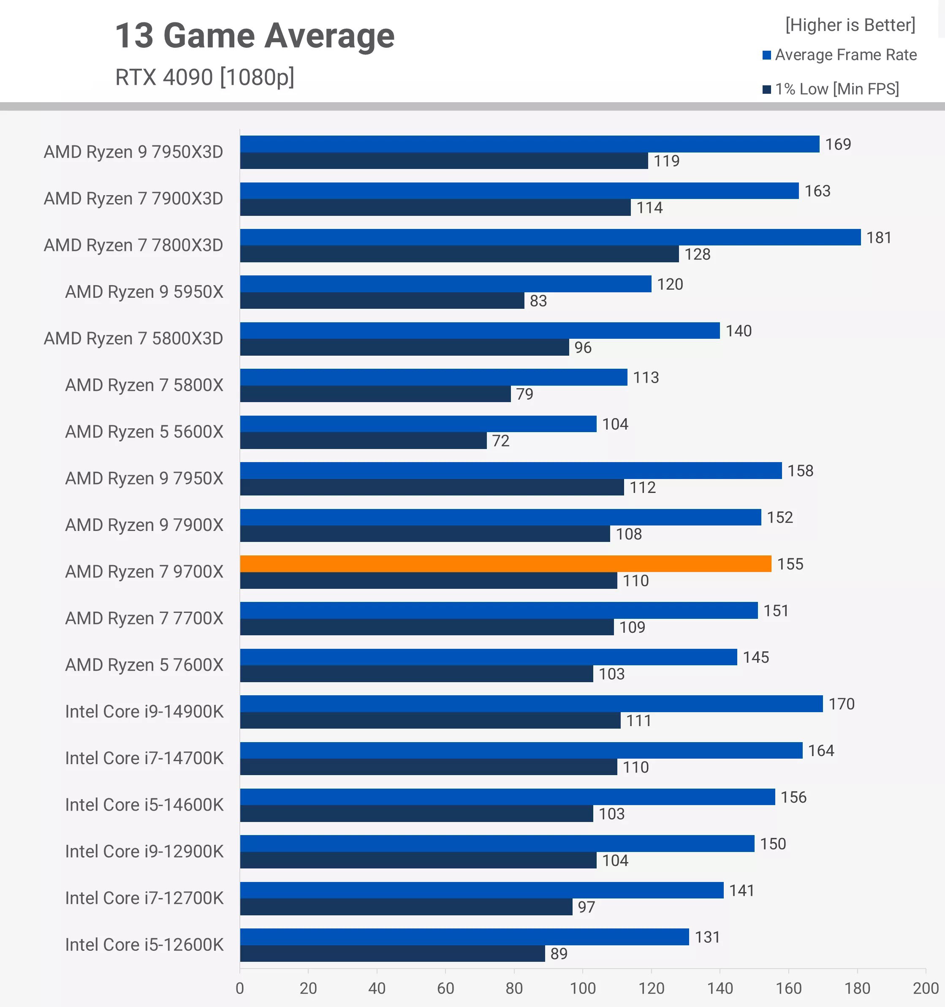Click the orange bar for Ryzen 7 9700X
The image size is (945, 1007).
(505, 564)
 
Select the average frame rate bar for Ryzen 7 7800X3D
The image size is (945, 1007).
(550, 237)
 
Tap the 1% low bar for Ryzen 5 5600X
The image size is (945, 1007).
(363, 441)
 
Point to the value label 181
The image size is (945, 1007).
(879, 237)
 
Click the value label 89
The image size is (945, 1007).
(559, 954)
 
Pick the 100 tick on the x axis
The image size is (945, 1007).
(582, 988)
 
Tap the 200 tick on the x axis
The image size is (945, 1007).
(925, 988)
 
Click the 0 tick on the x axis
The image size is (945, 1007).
(239, 988)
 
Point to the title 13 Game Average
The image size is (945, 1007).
(255, 36)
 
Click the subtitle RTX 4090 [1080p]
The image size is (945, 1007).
(205, 77)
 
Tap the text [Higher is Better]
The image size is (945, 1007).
(850, 25)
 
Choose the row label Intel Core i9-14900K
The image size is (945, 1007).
(144, 712)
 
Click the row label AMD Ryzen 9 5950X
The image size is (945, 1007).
(144, 292)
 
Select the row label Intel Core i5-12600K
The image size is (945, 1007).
(144, 944)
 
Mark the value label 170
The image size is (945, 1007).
(841, 704)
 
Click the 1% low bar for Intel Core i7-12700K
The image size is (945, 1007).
(406, 907)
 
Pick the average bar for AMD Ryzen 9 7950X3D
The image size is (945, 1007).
(529, 144)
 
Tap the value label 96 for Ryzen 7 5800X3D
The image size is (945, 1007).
(582, 348)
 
